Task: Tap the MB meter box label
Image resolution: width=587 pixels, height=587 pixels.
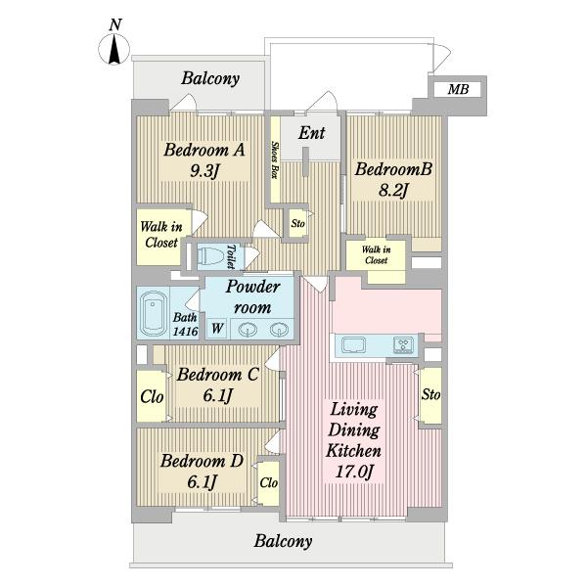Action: pos(458,89)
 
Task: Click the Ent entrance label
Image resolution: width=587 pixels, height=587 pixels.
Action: pos(311,132)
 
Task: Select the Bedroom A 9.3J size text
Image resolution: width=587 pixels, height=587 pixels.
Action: pos(204,171)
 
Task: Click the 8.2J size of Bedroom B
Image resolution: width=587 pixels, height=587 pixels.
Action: pos(393,190)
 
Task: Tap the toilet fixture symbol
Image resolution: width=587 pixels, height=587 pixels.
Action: pos(210,256)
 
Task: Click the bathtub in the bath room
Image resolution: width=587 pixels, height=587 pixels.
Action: pos(154,313)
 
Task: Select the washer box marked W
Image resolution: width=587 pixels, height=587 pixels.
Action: pos(217,329)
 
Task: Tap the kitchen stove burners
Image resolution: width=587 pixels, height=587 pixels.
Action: pos(404,344)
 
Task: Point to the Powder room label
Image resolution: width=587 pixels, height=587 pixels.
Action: pos(252,297)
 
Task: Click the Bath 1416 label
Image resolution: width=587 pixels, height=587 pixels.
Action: pos(185,324)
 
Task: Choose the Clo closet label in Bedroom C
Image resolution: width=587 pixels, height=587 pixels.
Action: pos(152,397)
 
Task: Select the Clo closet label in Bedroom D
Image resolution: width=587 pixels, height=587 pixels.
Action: pos(269,482)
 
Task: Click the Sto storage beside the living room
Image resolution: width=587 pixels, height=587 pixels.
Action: pos(430,394)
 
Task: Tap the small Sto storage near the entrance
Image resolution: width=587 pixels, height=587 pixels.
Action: pos(298,223)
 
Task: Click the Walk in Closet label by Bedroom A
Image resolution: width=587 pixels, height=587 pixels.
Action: pos(161,235)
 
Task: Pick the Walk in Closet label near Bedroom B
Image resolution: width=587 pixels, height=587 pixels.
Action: pos(376,254)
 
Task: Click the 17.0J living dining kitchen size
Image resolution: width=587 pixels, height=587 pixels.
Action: pos(354,472)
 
